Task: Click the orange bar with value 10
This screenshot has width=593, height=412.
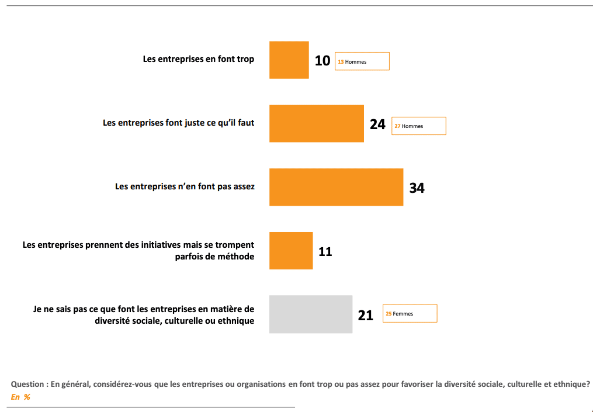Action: click(289, 60)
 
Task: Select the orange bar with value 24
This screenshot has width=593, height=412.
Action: click(316, 123)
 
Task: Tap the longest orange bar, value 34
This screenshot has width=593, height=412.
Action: click(336, 187)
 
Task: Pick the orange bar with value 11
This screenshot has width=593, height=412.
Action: click(290, 251)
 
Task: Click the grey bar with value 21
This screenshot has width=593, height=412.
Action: click(310, 314)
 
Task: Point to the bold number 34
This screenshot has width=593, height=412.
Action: click(417, 188)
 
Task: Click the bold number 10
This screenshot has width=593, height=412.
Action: click(322, 60)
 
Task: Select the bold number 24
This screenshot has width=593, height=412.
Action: click(377, 124)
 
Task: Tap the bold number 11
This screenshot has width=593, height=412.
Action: click(325, 252)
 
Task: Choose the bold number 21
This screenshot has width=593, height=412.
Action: click(365, 316)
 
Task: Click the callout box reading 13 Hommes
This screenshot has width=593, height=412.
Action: click(362, 61)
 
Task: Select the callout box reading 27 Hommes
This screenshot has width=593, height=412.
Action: click(418, 126)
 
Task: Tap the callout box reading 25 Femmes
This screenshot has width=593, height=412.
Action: click(410, 314)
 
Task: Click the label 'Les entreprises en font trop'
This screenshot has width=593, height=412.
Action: click(199, 59)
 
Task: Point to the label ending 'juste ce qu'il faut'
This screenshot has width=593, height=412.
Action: click(178, 123)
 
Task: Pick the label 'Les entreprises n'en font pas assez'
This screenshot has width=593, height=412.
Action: click(185, 187)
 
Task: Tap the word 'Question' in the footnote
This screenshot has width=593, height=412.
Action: click(27, 385)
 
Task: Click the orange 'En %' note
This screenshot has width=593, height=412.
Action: click(20, 397)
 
